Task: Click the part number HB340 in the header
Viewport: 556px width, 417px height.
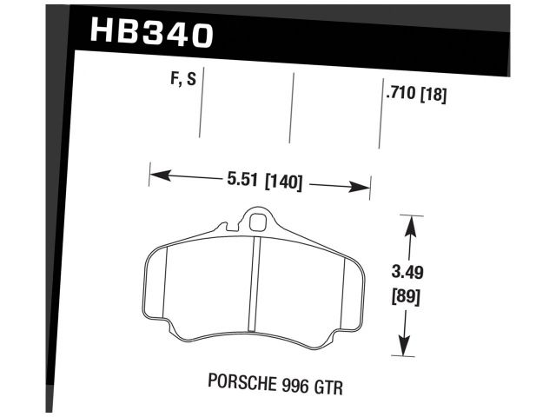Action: tap(150, 33)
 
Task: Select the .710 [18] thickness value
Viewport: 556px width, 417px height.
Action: tap(415, 96)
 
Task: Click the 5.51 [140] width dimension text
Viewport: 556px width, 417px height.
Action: tap(263, 182)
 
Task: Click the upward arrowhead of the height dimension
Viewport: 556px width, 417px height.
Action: tap(409, 224)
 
